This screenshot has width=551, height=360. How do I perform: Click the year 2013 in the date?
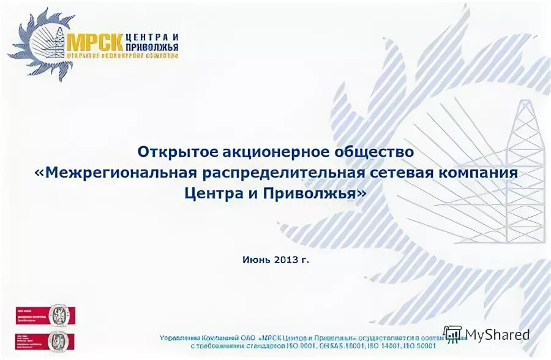[287, 260]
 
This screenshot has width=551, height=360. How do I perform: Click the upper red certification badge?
[43, 316]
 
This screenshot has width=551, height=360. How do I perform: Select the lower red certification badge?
[43, 340]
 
